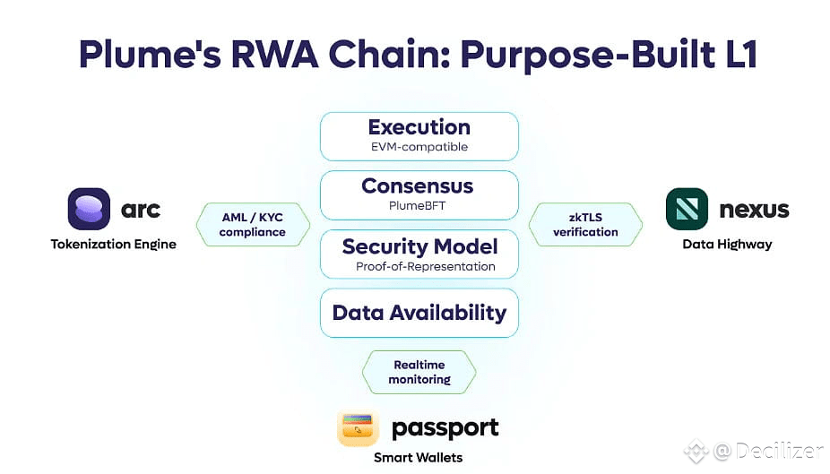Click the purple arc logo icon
pyautogui.click(x=89, y=209)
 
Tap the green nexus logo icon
pyautogui.click(x=687, y=209)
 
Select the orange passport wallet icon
pyautogui.click(x=358, y=427)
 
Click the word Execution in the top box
pyautogui.click(x=419, y=127)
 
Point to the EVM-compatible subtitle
pyautogui.click(x=419, y=147)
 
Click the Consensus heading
pyautogui.click(x=418, y=186)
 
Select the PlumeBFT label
pyautogui.click(x=417, y=206)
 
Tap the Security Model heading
pyautogui.click(x=419, y=246)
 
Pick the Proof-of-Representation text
pyautogui.click(x=426, y=267)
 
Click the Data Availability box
pyautogui.click(x=419, y=313)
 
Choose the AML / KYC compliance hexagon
pyautogui.click(x=253, y=224)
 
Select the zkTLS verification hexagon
pyautogui.click(x=585, y=224)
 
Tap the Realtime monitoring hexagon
pyautogui.click(x=419, y=372)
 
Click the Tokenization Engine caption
pyautogui.click(x=114, y=245)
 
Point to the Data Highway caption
pyautogui.click(x=727, y=245)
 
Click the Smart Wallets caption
pyautogui.click(x=419, y=458)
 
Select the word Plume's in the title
pyautogui.click(x=150, y=55)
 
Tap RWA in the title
pyautogui.click(x=275, y=55)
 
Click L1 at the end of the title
pyautogui.click(x=741, y=55)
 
